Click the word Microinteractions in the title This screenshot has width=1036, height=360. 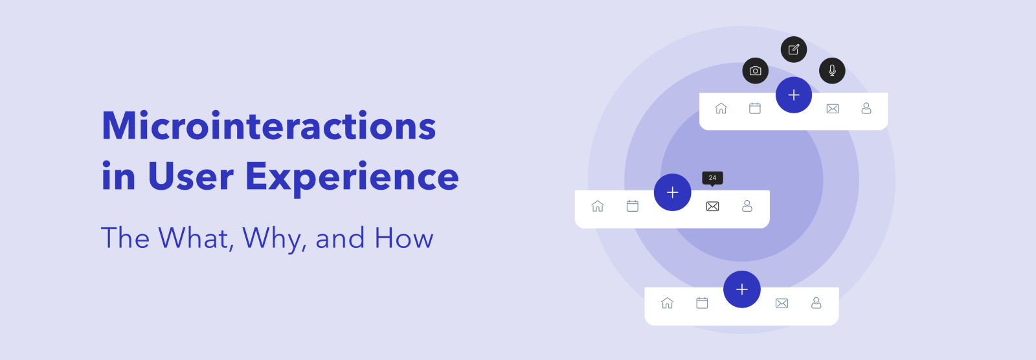coord(269,126)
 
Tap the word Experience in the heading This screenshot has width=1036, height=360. coord(352,177)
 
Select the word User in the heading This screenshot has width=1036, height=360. coord(190,176)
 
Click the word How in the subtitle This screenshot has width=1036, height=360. coord(404,238)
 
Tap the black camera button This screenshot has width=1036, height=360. coord(755,71)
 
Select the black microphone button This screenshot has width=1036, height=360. coord(832,71)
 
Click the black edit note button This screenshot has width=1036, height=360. coord(794,49)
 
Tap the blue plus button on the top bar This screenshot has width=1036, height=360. coord(794,95)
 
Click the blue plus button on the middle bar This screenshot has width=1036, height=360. coord(673,192)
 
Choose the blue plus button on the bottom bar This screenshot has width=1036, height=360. coord(742,289)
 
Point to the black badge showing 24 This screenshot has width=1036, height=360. coord(713,178)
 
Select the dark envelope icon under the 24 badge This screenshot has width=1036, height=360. coord(713,207)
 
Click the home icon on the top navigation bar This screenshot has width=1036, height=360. coord(721,108)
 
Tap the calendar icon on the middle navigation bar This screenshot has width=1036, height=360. coord(632,206)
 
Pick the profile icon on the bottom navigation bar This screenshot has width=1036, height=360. coord(816,303)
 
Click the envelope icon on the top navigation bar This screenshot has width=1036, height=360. coord(833,109)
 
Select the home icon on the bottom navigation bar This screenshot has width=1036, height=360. coord(668,303)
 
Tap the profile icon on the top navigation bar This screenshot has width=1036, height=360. coord(866,108)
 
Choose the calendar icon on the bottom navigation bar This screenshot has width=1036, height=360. coord(702,303)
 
